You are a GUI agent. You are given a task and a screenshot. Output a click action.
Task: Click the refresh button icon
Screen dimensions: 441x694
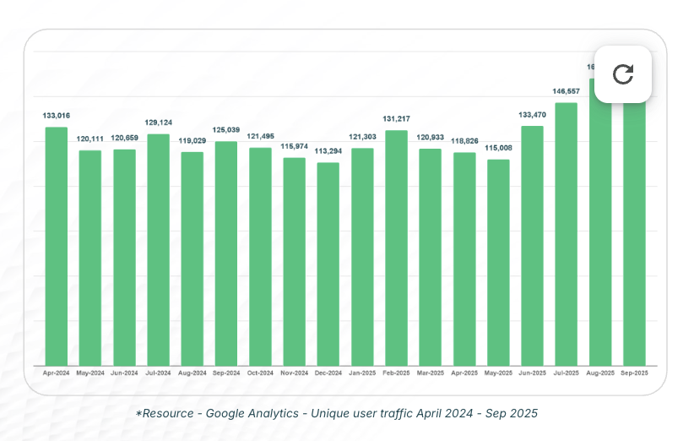(x=623, y=74)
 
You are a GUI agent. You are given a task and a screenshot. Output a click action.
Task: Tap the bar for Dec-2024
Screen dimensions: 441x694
(x=328, y=264)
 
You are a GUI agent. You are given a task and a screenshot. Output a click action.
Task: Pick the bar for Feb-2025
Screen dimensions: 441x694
(x=397, y=248)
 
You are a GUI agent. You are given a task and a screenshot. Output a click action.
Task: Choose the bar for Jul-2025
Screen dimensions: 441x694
(x=566, y=234)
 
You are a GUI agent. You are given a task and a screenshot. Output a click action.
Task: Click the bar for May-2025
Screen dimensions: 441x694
(x=498, y=262)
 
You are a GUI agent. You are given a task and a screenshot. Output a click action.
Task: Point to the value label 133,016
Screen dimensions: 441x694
(x=56, y=115)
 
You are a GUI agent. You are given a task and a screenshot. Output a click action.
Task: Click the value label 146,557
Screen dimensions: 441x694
(x=566, y=91)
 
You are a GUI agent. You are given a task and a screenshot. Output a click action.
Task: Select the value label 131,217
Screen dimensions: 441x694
(x=397, y=118)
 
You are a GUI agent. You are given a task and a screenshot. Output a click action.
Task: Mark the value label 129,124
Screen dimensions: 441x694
(x=158, y=122)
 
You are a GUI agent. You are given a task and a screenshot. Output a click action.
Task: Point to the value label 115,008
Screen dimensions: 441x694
(x=498, y=148)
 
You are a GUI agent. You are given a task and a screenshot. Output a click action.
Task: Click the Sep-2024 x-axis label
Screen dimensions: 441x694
(x=226, y=373)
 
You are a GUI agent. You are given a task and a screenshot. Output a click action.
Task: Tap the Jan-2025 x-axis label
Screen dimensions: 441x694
(x=362, y=373)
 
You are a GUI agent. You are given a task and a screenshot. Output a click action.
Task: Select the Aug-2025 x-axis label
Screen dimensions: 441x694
(x=600, y=373)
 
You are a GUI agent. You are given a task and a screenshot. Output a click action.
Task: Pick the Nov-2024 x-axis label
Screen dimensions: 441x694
(x=294, y=373)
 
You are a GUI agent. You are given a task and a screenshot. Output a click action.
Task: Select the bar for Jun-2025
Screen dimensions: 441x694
(x=532, y=246)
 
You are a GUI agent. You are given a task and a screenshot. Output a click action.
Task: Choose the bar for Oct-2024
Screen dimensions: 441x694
(x=260, y=257)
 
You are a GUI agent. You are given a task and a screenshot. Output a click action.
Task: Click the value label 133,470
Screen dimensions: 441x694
(x=532, y=114)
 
